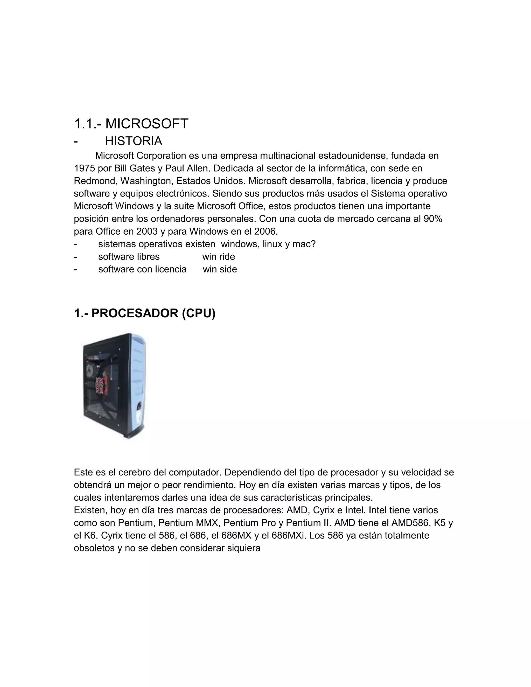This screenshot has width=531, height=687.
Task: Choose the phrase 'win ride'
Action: [218, 257]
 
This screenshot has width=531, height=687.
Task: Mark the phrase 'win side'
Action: [220, 269]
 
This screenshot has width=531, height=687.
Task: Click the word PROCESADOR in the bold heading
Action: [135, 313]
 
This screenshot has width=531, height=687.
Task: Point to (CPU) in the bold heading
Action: [199, 313]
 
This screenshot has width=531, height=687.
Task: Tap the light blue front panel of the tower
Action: [138, 377]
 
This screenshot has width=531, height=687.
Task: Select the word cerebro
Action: [134, 472]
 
